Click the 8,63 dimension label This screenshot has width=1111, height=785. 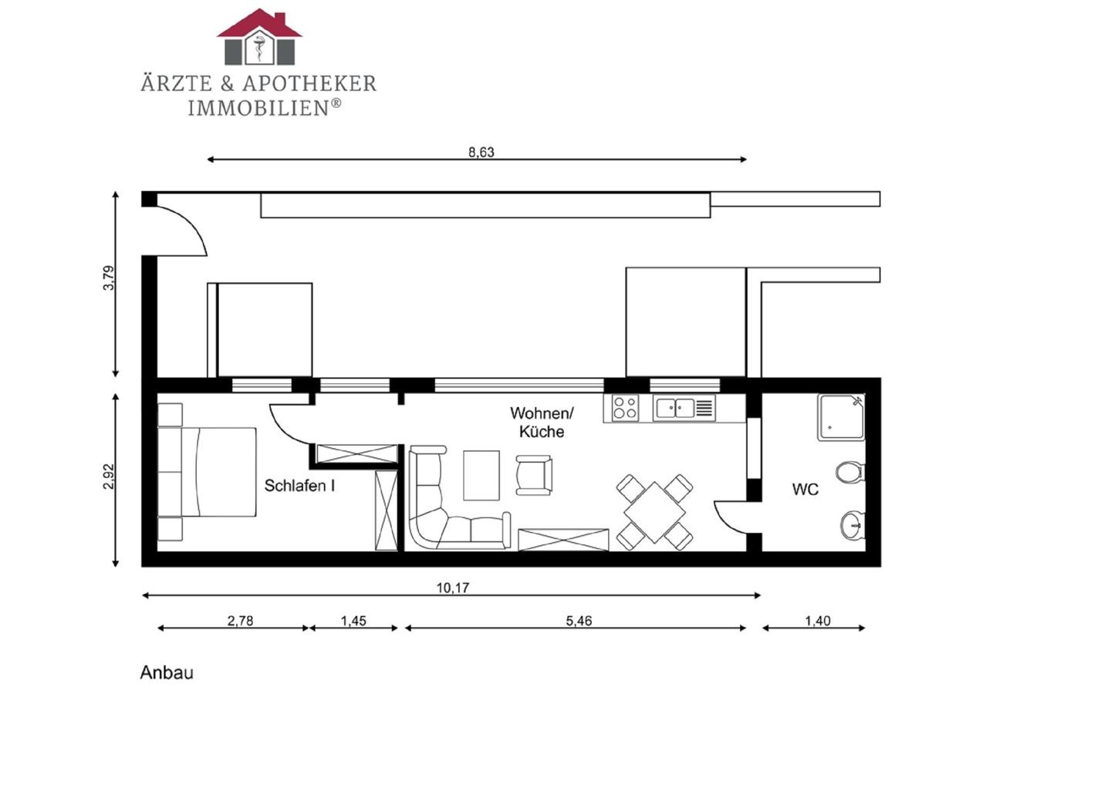click(481, 152)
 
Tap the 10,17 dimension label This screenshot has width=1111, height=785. click(452, 588)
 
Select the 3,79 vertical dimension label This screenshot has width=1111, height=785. click(109, 278)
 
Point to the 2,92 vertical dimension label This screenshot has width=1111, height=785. click(109, 477)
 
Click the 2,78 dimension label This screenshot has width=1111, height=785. click(241, 621)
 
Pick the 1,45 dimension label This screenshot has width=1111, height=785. click(353, 621)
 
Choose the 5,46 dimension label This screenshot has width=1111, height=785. click(579, 621)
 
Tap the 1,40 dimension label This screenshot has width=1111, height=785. click(817, 621)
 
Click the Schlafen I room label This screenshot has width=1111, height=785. click(299, 486)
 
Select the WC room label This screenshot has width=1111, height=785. click(805, 490)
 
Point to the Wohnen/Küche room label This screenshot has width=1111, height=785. click(542, 423)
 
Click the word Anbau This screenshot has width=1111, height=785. click(167, 672)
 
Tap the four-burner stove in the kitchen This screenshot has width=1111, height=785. click(625, 408)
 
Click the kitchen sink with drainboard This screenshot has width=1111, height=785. click(684, 408)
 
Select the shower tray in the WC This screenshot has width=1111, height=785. click(841, 417)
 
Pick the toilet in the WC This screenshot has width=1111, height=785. click(850, 472)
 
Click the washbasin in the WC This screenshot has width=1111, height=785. click(853, 525)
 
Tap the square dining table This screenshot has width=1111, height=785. click(655, 513)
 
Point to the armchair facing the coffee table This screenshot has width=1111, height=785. click(534, 475)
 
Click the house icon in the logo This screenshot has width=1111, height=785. click(259, 37)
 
